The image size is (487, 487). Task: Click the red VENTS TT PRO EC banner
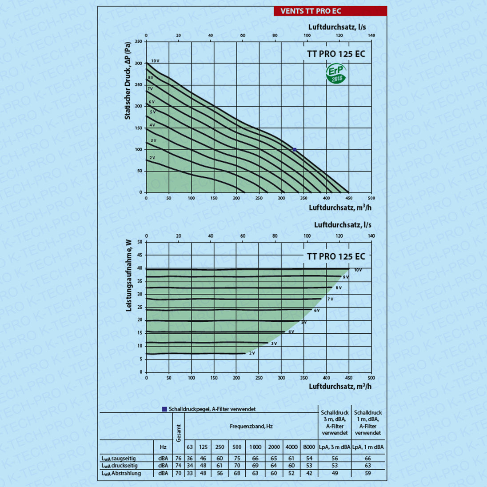[x=330, y=11]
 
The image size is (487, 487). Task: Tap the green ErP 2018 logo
[x=335, y=73]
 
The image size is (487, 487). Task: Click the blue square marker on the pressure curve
[x=295, y=150]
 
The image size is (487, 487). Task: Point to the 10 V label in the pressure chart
[x=155, y=61]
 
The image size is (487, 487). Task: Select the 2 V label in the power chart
[x=252, y=353]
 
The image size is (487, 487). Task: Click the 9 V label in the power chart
[x=346, y=277]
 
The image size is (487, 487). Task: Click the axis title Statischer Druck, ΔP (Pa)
[x=128, y=80]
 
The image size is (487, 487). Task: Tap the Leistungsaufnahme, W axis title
[x=129, y=276]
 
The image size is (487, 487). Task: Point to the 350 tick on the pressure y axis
[x=139, y=42]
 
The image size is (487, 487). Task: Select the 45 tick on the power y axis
[x=140, y=255]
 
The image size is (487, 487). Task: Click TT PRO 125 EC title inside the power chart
[x=336, y=256]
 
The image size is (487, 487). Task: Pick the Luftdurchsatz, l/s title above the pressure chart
[x=337, y=27]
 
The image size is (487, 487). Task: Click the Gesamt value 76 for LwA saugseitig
[x=178, y=458]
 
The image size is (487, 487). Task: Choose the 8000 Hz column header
[x=309, y=447]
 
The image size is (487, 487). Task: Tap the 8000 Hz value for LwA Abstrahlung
[x=309, y=473]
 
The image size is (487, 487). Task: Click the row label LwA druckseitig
[x=120, y=466]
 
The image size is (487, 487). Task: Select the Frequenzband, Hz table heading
[x=251, y=426]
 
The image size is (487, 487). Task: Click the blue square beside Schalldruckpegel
[x=164, y=409]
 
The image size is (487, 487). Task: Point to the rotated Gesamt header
[x=179, y=433]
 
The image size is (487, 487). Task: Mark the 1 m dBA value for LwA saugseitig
[x=368, y=458]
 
